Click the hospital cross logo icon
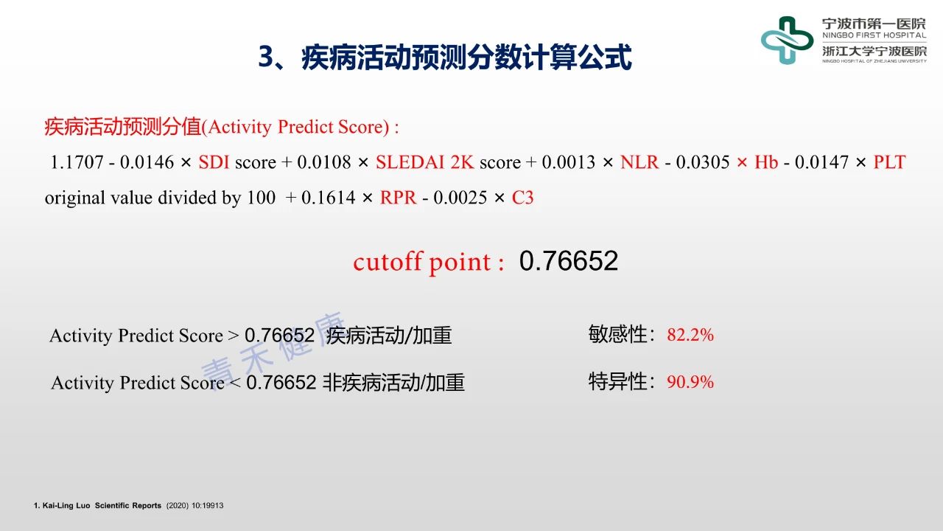coord(787,41)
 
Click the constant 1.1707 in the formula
coord(77,162)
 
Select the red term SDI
coord(214,162)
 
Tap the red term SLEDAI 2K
coord(425,162)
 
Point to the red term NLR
coord(639,162)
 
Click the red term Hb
coord(766,162)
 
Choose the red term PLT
coord(889,162)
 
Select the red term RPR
coord(399,198)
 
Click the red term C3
coord(523,198)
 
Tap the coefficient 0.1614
coord(329,198)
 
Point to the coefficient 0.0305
coord(703,162)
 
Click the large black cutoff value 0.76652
coord(569,261)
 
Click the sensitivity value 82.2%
coord(690,335)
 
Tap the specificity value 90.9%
coord(690,382)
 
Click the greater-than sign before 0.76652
coord(234,336)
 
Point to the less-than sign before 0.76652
coord(235,383)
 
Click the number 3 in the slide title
coord(267,57)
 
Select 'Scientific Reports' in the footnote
coord(128,505)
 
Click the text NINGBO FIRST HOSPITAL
coord(874,35)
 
